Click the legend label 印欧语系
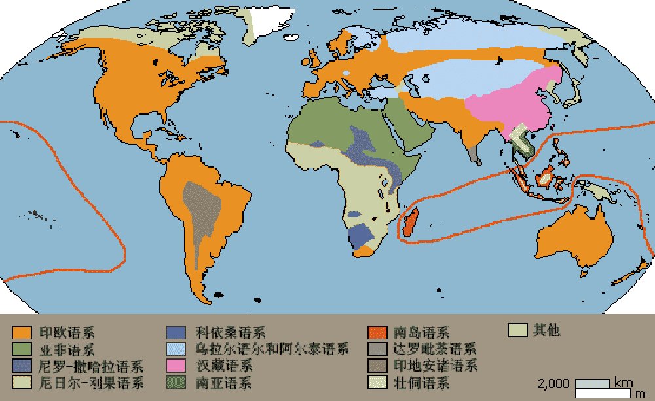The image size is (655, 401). coord(66,332)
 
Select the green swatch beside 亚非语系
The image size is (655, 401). coord(22,349)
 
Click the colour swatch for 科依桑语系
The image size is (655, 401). coord(176,332)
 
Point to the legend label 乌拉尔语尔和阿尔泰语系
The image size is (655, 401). coord(272,349)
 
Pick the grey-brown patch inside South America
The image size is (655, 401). coord(194,210)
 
